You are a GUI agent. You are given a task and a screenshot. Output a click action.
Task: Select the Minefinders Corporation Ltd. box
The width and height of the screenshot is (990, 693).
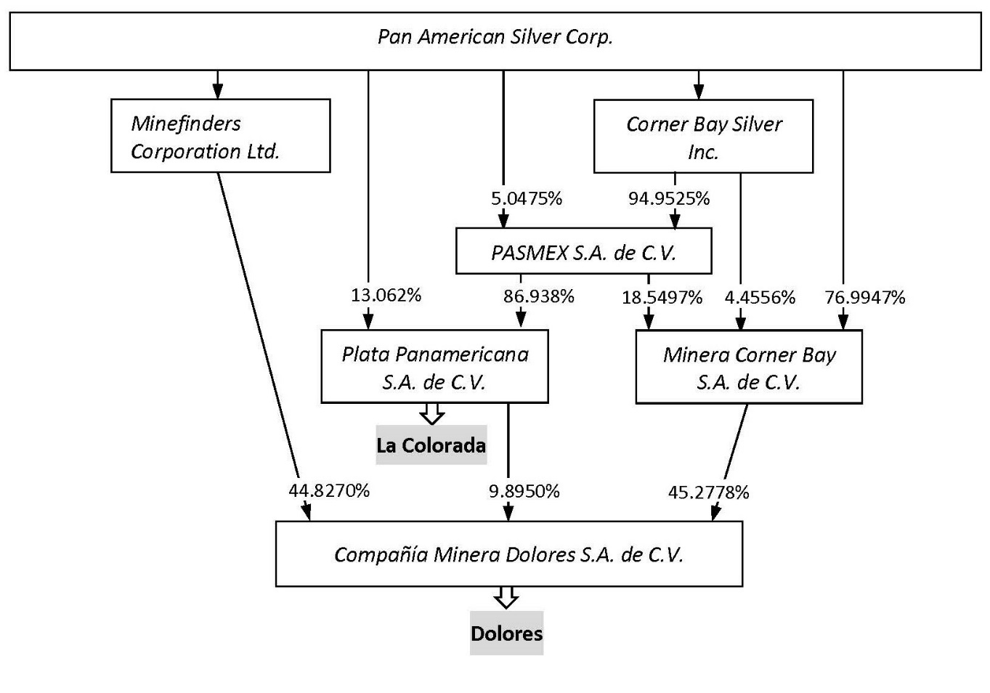tap(220, 136)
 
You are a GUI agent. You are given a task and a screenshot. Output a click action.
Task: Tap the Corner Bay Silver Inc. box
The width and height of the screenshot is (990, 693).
tap(703, 137)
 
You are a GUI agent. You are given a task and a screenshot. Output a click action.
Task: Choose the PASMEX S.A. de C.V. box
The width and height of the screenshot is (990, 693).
tap(583, 251)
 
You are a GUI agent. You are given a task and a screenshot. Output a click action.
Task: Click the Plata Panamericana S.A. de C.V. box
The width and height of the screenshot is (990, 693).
tap(434, 367)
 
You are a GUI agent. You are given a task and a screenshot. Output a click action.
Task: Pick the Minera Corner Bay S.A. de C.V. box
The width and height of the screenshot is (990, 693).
tap(749, 367)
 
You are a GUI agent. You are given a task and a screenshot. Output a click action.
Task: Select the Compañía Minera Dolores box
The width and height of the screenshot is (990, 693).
tap(508, 554)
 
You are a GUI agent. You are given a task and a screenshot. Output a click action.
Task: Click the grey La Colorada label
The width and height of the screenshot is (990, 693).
tap(431, 445)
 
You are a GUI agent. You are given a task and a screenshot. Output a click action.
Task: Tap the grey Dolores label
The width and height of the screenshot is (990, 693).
tap(506, 633)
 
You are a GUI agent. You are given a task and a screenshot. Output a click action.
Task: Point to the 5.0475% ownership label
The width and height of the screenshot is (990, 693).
tap(527, 198)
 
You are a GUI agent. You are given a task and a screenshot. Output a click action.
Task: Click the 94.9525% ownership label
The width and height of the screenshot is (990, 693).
tap(669, 198)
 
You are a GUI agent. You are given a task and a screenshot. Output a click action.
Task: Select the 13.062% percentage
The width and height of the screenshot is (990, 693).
tap(386, 295)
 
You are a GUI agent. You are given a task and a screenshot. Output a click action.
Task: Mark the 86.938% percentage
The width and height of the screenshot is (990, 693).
tap(538, 296)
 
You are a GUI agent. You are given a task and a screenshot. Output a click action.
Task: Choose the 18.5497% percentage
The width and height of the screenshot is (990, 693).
tap(662, 297)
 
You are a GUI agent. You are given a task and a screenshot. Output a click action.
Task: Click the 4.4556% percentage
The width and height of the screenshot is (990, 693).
tap(760, 297)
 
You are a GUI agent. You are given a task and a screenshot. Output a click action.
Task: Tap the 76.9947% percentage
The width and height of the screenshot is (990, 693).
tap(864, 297)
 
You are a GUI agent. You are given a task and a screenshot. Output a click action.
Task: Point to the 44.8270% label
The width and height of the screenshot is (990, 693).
tap(329, 490)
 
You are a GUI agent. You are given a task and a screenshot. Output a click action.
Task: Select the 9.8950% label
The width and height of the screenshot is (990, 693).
tap(524, 491)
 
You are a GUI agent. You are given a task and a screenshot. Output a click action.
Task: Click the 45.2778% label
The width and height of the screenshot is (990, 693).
tap(708, 492)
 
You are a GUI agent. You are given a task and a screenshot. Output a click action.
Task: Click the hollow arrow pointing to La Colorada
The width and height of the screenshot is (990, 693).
tap(432, 414)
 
